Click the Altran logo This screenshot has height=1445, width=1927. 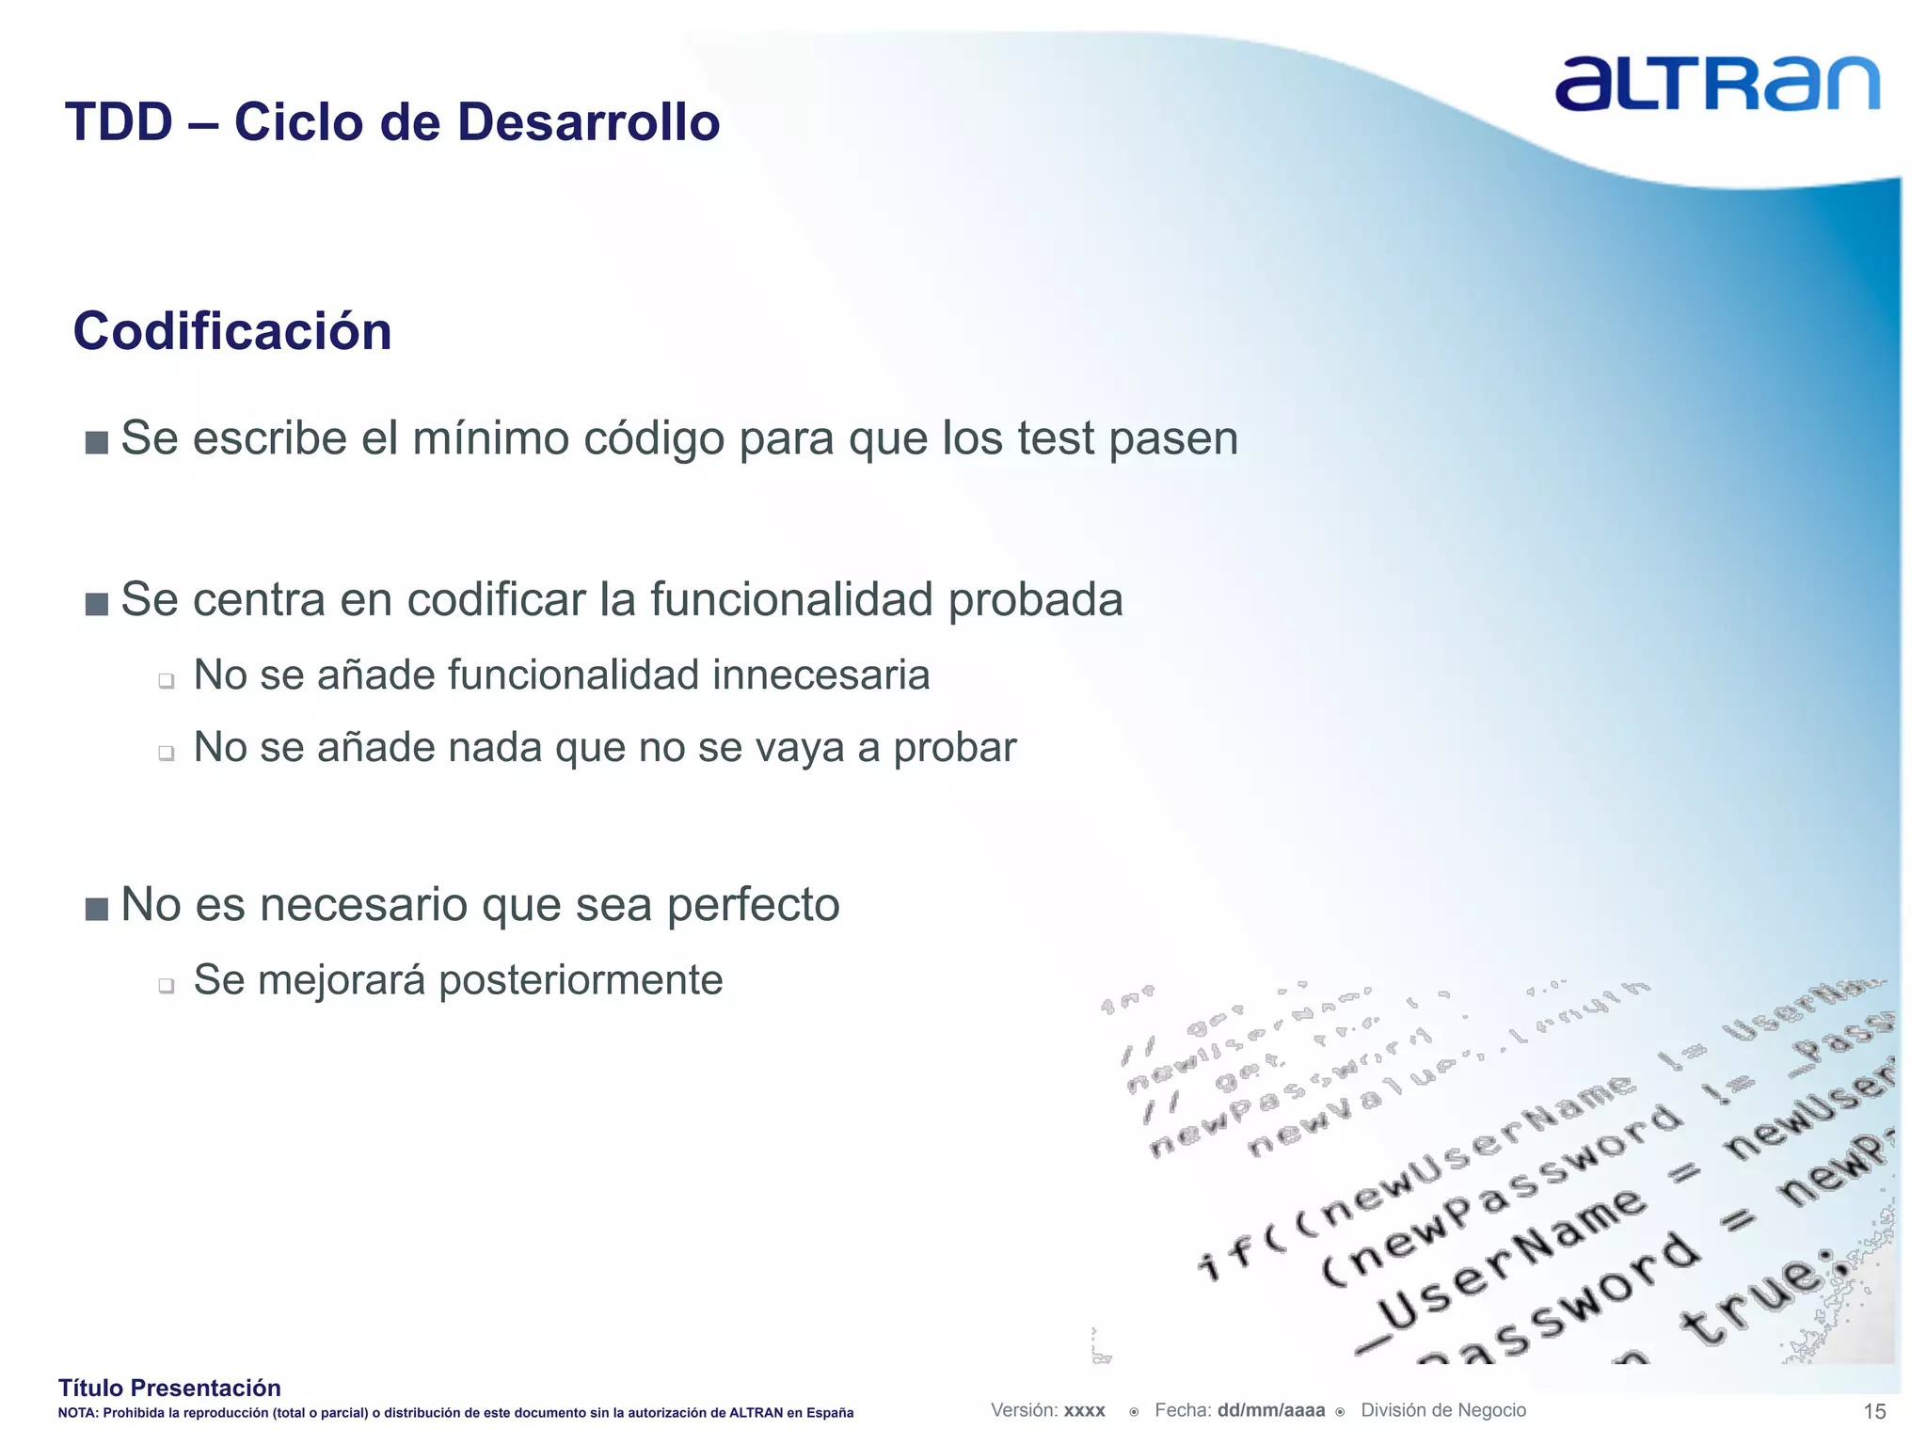tap(1716, 83)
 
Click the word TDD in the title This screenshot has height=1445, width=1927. tap(119, 122)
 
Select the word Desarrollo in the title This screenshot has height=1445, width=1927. tap(589, 122)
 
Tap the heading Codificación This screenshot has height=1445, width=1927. tap(232, 331)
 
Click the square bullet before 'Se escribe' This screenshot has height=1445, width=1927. tap(96, 442)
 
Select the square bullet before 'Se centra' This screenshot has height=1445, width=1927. tap(96, 604)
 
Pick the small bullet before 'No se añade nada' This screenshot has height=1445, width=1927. tap(167, 753)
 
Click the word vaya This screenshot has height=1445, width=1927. tap(800, 749)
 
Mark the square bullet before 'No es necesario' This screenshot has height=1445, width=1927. tap(96, 909)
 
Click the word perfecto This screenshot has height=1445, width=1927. tap(753, 905)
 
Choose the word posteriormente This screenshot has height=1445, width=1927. tap(581, 980)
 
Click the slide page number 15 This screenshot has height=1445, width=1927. tap(1874, 1411)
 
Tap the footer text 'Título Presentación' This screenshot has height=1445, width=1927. tap(169, 1388)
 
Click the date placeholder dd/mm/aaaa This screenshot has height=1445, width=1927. tap(1270, 1410)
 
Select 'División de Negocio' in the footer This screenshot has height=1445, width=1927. tap(1443, 1410)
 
